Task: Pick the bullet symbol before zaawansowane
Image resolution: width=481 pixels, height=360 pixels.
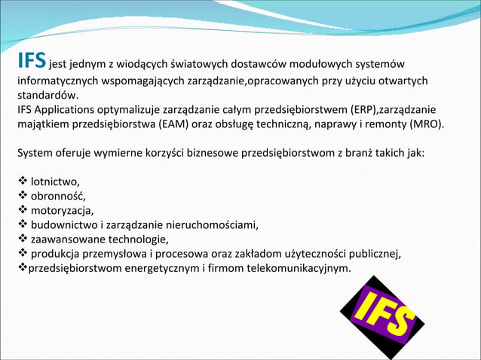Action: pos(22,238)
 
